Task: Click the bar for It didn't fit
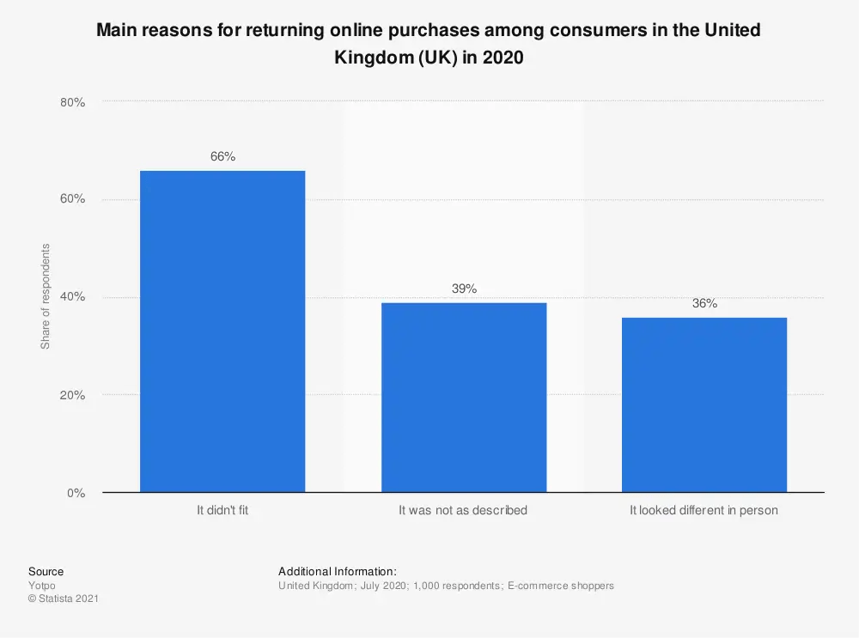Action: click(222, 331)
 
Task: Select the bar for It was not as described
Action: click(463, 398)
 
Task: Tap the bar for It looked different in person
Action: click(704, 404)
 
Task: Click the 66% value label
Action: click(222, 157)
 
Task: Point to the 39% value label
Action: click(464, 289)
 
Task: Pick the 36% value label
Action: click(704, 304)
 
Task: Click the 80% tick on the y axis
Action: click(73, 102)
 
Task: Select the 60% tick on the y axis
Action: click(73, 199)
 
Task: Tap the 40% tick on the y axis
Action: click(73, 297)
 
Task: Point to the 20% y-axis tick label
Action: click(73, 395)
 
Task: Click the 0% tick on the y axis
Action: click(76, 493)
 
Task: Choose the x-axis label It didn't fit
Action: click(222, 510)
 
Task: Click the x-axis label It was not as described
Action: click(463, 510)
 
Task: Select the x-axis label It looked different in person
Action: click(704, 510)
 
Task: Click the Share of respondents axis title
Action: click(46, 297)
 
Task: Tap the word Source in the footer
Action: click(46, 571)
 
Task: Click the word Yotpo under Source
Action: click(41, 586)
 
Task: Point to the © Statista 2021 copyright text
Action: click(63, 599)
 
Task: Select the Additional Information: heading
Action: click(337, 571)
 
